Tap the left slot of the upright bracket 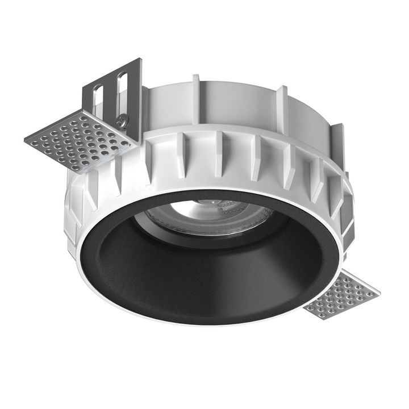[x=98, y=97]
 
